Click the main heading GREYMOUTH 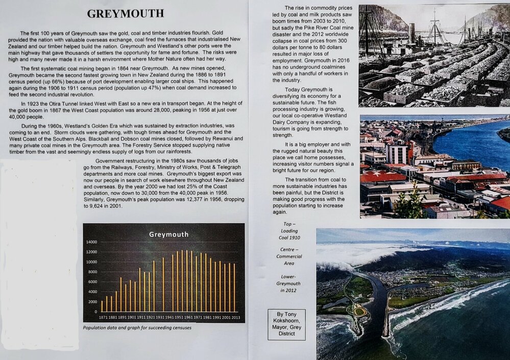tap(125, 13)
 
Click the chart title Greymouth tap(168, 234)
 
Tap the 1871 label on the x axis tap(103, 317)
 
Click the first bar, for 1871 tap(102, 306)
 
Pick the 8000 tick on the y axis tap(91, 272)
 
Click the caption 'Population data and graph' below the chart tap(137, 327)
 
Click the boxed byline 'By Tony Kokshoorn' tap(286, 324)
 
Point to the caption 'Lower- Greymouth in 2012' tap(289, 283)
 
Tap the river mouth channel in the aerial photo tap(378, 301)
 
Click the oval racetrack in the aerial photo tap(360, 310)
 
